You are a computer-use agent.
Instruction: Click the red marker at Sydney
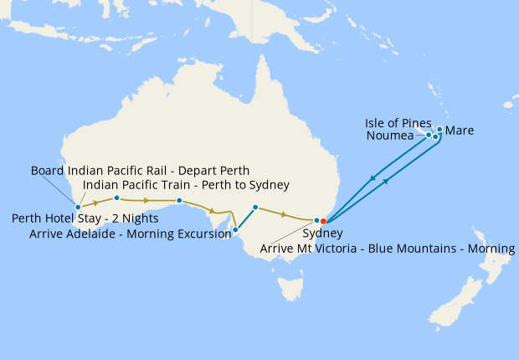[323, 221]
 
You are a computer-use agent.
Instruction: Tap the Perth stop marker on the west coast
[78, 206]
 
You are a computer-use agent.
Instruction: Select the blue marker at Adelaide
[235, 229]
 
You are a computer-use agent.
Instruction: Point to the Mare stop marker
[439, 130]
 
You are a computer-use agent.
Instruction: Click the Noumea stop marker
[429, 135]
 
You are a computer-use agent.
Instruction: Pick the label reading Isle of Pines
[398, 122]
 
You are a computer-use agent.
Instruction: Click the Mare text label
[460, 131]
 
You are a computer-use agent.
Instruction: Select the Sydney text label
[322, 234]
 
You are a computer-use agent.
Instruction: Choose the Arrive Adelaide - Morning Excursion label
[130, 234]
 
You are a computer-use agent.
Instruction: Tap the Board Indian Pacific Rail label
[141, 171]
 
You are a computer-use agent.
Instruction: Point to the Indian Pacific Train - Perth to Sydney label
[186, 185]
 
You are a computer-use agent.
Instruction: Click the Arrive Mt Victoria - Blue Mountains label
[388, 249]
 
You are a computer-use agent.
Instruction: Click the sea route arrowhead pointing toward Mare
[387, 182]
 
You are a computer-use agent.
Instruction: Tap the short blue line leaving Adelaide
[245, 217]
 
